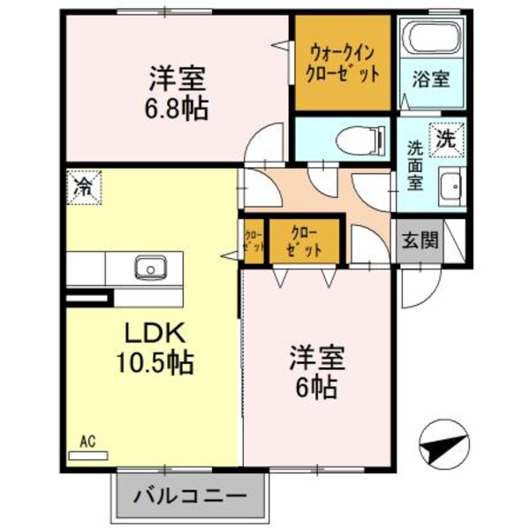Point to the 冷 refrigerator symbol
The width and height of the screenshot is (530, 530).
(84, 186)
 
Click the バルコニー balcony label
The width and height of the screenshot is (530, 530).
(190, 496)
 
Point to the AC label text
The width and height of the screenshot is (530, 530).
(87, 440)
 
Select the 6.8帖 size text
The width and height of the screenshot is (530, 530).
(178, 110)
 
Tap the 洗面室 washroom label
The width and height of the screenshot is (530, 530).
(415, 165)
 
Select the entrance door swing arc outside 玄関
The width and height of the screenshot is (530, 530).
(415, 287)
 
